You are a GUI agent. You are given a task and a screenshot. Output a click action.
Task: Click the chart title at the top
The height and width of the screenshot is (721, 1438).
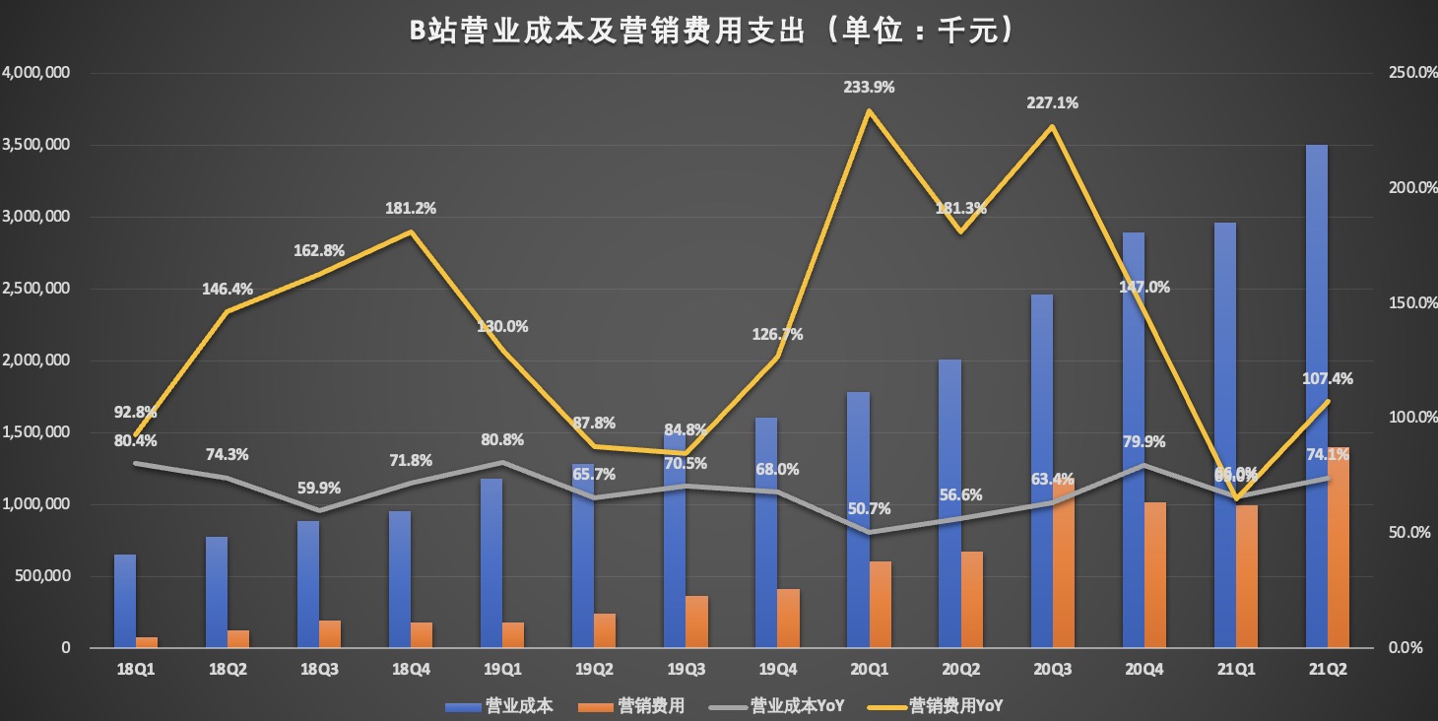click(x=711, y=31)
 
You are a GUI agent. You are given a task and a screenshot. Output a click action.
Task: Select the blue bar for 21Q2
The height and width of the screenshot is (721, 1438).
click(x=1316, y=394)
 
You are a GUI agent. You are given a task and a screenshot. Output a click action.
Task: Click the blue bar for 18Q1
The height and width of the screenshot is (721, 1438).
click(x=125, y=601)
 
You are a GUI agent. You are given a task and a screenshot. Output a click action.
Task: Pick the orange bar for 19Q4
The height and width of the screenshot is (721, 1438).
click(x=789, y=619)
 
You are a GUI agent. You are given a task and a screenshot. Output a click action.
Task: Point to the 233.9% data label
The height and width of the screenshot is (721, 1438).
click(x=869, y=87)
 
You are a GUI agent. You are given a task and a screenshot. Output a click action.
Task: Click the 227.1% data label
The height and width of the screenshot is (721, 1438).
click(x=1053, y=102)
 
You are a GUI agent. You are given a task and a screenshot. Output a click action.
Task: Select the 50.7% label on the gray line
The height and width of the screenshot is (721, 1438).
click(x=869, y=509)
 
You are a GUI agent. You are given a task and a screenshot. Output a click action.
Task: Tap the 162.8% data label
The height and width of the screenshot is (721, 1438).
click(x=319, y=250)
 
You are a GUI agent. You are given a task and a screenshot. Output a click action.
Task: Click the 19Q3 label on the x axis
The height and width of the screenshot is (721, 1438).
click(x=686, y=669)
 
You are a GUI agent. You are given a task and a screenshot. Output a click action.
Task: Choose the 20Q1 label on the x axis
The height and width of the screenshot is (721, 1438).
click(x=869, y=669)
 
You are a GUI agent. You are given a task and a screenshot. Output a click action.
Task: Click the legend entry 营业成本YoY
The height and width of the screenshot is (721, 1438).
click(x=797, y=705)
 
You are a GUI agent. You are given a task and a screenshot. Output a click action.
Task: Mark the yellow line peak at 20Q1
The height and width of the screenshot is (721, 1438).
click(x=869, y=109)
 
